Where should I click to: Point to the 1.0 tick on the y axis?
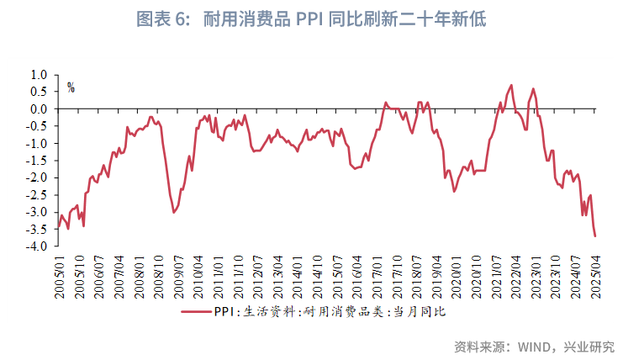(39, 74)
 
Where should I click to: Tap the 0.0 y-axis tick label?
(39, 109)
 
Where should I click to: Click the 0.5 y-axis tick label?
(39, 92)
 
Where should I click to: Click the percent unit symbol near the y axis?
(71, 87)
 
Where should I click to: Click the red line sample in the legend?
(196, 312)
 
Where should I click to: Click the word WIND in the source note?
(529, 346)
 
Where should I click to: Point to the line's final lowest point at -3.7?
(595, 236)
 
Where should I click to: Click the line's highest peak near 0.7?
(511, 85)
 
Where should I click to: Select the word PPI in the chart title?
(306, 19)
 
